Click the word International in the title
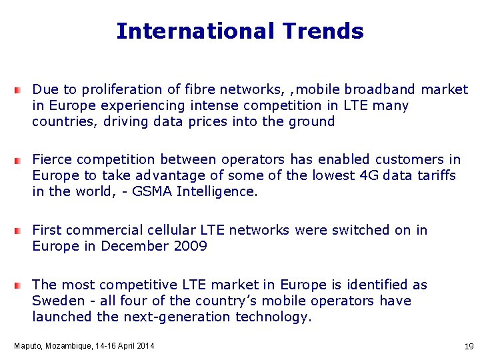click(195, 31)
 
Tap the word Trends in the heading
click(323, 31)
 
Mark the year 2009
click(190, 246)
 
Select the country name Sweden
click(58, 301)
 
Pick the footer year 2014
click(144, 346)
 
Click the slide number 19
click(469, 347)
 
